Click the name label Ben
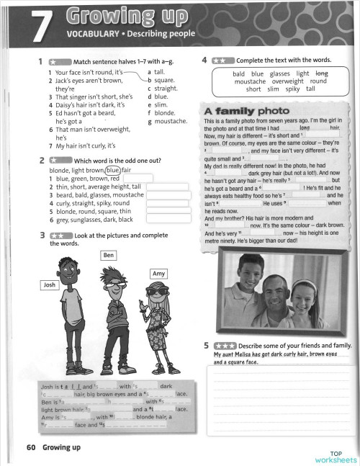click(x=109, y=256)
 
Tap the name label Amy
click(x=160, y=274)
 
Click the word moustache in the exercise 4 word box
click(x=243, y=81)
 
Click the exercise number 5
click(x=206, y=346)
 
